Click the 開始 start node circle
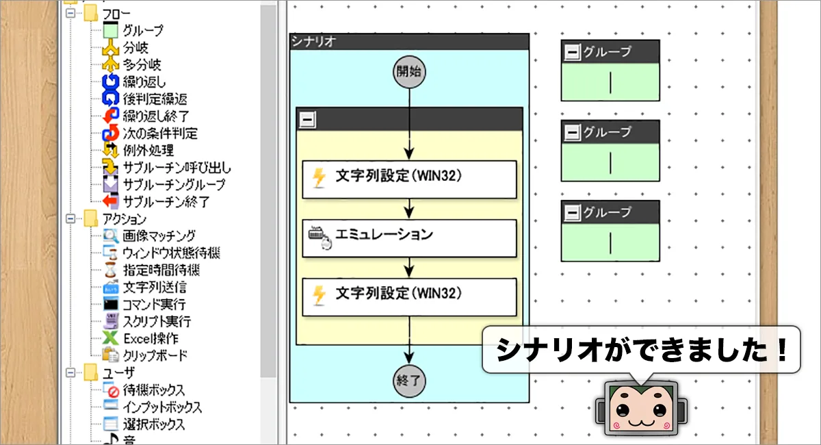point(409,71)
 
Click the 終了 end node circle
point(409,381)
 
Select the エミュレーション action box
point(409,238)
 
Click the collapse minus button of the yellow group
point(307,120)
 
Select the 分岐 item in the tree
point(135,47)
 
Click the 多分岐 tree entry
point(142,64)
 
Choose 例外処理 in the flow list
point(148,151)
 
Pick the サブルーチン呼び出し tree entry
point(177,168)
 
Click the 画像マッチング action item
point(159,236)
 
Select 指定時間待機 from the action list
point(161,270)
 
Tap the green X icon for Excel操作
point(110,338)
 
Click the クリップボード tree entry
point(155,355)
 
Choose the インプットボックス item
point(162,407)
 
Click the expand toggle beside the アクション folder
point(70,219)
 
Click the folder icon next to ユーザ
point(90,372)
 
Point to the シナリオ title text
point(313,42)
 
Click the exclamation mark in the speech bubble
point(783,349)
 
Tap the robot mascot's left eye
point(623,409)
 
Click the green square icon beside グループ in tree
point(110,30)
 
